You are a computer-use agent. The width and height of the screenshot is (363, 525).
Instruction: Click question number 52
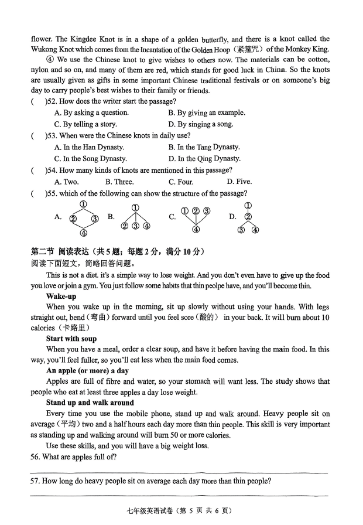click(52, 102)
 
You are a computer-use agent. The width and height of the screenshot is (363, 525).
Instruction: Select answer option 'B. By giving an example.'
click(206, 112)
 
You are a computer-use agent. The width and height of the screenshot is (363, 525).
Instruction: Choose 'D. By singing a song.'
click(200, 124)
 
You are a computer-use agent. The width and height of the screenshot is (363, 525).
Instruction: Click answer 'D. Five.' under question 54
click(239, 182)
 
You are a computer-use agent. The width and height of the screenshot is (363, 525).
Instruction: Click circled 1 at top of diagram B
click(135, 207)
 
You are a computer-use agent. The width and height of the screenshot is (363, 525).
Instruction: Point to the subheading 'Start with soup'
click(71, 339)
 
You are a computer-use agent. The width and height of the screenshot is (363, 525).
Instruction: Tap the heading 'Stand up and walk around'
click(90, 403)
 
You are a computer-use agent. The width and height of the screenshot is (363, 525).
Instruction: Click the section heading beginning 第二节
click(117, 252)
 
